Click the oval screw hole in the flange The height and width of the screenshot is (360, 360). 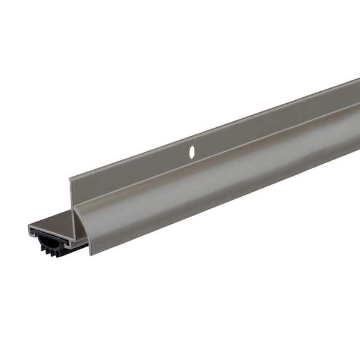tap(192, 152)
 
